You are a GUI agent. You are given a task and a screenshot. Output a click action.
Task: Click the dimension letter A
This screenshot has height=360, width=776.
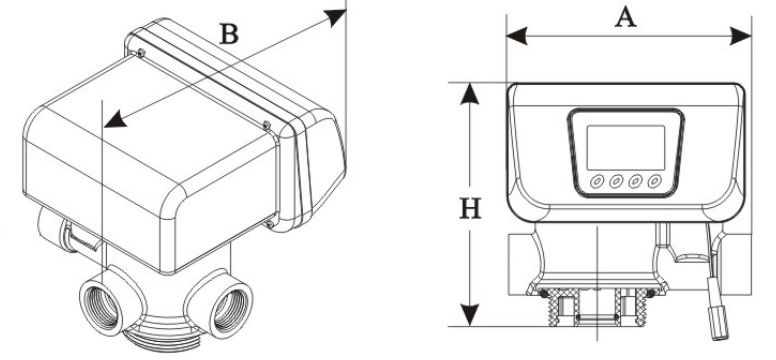pos(626,18)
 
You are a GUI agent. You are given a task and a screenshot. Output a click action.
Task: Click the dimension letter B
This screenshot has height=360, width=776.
pos(229,34)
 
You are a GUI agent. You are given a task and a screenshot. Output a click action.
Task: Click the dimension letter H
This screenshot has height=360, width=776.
pos(470,208)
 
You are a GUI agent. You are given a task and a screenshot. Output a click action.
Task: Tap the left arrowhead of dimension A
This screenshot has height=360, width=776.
pos(517,36)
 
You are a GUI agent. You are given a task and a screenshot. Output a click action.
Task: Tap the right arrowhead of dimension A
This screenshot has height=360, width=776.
pos(741,36)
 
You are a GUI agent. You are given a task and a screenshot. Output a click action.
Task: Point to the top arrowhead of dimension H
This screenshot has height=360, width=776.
pos(470,94)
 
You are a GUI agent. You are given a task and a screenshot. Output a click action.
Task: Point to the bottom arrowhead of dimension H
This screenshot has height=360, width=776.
pos(470,315)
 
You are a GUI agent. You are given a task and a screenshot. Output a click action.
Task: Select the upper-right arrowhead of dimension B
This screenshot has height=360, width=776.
pos(335,17)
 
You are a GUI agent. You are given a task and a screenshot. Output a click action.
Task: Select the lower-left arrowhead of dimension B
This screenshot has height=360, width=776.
pos(115,119)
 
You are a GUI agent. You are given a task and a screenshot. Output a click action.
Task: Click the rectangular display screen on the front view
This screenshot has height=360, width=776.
pos(626,148)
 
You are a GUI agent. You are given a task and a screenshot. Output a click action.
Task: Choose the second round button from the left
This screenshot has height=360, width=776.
pos(616,181)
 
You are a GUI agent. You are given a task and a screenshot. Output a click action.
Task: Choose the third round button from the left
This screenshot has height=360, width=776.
pos(635,181)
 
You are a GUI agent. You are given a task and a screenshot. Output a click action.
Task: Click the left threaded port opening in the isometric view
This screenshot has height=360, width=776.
pos(103,308)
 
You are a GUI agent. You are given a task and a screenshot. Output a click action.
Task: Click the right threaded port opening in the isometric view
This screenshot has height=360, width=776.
pos(229,310)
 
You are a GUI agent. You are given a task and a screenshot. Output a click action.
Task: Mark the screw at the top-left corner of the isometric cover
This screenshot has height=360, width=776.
pos(141,53)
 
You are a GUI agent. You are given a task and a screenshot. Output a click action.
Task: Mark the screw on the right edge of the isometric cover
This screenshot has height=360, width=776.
pos(267,126)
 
